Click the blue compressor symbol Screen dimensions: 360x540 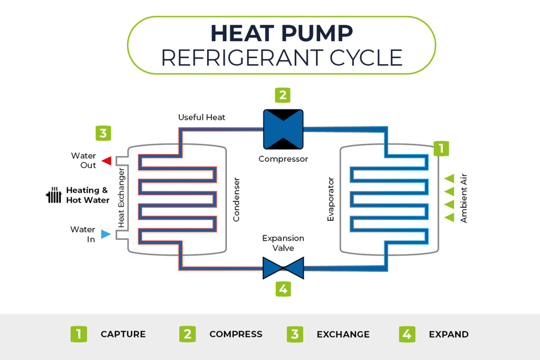pos(283,129)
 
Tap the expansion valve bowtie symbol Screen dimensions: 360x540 pos(283,268)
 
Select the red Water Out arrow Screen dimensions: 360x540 pos(107,161)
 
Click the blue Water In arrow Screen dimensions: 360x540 pos(106,234)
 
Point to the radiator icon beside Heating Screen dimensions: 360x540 pos(54,195)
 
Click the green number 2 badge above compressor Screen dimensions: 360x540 pos(283,95)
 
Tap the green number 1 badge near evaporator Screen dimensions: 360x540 pos(441,148)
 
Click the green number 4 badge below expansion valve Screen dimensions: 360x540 pos(283,289)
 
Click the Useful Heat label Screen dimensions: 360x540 pos(201,117)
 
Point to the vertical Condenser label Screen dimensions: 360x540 pos(236,199)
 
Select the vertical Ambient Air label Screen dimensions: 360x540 pos(464,198)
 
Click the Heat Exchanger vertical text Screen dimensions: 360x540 pos(121,198)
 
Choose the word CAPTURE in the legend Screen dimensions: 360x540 pos(123,334)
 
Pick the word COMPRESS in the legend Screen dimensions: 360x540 pos(236,334)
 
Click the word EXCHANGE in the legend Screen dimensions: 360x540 pos(343,334)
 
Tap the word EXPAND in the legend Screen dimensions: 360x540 pos(448,334)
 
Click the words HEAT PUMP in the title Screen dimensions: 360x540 pos(281,33)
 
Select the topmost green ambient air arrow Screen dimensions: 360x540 pos(449,178)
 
